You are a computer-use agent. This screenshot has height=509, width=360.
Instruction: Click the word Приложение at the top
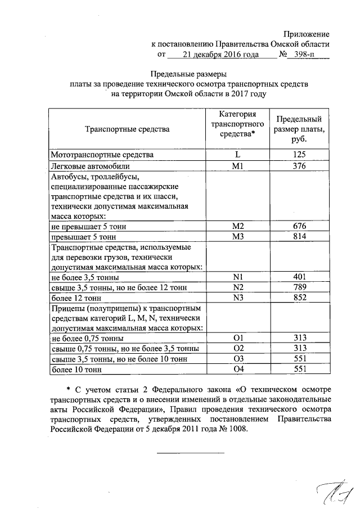(306, 35)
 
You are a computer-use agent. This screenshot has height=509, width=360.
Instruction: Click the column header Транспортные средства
(127, 130)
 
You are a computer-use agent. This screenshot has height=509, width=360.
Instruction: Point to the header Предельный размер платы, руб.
(299, 129)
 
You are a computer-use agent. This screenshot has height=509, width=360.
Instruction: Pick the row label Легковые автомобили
(91, 166)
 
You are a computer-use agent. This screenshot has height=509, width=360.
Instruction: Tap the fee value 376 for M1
(299, 166)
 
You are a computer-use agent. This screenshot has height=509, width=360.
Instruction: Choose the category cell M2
(237, 226)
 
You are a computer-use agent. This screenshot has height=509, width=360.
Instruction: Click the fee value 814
(299, 237)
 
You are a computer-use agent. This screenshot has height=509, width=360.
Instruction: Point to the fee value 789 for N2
(299, 287)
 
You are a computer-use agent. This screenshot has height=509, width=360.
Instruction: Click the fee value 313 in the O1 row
(299, 338)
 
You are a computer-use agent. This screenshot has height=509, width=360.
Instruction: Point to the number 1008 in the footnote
(233, 426)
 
